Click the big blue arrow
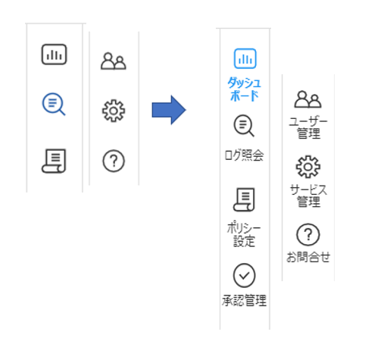coord(169,110)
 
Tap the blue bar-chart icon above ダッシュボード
coord(245,58)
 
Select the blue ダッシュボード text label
coord(244,89)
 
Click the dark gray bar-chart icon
coord(54,55)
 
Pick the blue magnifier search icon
coord(54,104)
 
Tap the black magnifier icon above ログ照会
coord(244,126)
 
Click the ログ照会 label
coord(244,155)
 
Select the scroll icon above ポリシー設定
coord(244,199)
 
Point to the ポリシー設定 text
coord(244,234)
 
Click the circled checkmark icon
coord(244,275)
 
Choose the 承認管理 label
coord(244,300)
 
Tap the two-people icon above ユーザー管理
coord(307,99)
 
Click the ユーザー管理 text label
coord(308,128)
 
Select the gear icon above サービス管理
coord(308,167)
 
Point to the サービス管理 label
coord(308,196)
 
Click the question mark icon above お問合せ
coord(308,235)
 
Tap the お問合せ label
coord(308,257)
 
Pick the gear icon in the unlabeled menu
coord(114,111)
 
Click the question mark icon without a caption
coord(114,161)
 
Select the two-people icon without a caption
coord(114,61)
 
